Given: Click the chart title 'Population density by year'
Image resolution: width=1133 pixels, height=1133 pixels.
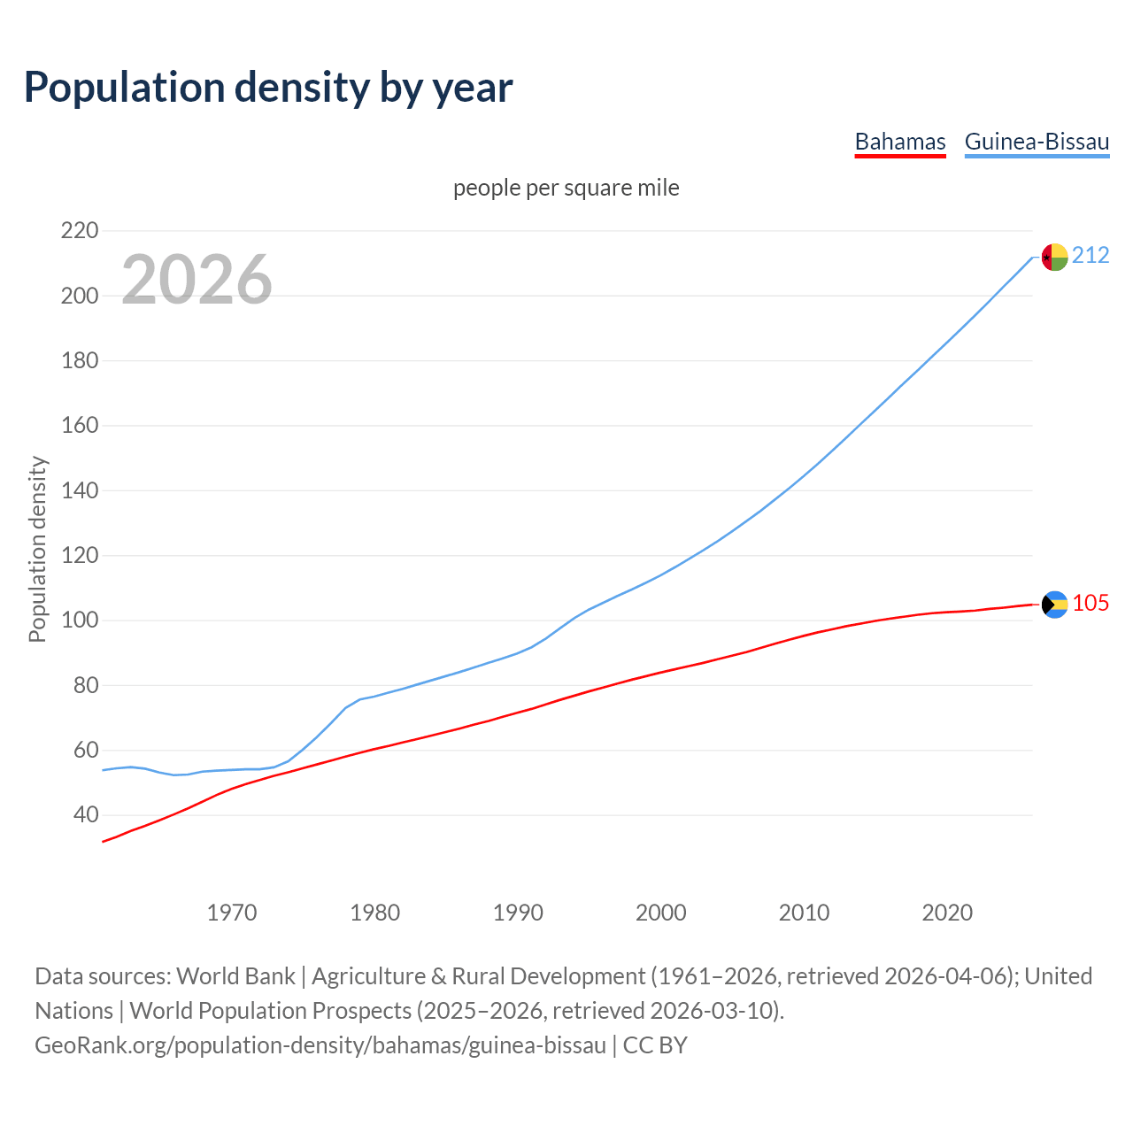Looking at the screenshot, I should click(268, 87).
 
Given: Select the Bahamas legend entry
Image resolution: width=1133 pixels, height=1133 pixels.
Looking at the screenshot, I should click(900, 142).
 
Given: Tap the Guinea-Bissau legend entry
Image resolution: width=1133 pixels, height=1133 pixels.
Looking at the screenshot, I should click(1037, 142).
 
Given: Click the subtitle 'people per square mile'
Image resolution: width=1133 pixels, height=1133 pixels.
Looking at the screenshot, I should click(566, 188).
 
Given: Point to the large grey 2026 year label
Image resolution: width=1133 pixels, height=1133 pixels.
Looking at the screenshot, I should click(197, 280).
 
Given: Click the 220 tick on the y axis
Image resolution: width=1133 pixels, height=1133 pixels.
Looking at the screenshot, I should click(79, 231).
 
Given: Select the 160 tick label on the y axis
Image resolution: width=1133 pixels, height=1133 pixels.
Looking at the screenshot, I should click(79, 426).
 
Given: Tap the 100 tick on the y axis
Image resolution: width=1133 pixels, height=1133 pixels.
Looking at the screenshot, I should click(79, 620).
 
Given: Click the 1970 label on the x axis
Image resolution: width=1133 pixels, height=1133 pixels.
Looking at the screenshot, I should click(232, 913).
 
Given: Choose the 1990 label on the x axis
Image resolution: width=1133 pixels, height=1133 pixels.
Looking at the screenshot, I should click(518, 913).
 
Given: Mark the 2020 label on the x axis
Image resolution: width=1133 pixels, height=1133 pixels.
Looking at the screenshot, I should click(947, 913).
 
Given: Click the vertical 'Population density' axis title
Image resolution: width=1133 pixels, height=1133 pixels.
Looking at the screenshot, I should click(37, 549).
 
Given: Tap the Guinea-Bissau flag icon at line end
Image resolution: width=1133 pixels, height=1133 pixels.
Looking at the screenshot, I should click(1054, 257).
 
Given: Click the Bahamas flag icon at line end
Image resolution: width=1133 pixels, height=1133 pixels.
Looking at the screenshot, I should click(1054, 605).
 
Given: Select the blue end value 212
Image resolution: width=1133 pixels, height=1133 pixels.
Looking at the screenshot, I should click(1091, 256).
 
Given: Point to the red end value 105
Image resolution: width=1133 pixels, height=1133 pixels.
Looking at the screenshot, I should click(1091, 604).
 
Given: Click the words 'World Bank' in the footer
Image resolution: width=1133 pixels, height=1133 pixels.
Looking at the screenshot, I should click(235, 976).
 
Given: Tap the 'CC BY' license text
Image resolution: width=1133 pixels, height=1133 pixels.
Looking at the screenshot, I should click(655, 1045).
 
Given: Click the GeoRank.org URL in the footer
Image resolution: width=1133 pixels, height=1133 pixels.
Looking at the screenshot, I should click(320, 1045).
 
